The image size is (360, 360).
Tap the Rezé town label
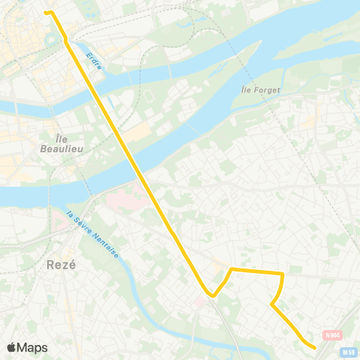(63, 265)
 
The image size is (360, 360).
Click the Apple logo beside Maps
(11, 347)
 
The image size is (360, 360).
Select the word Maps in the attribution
(33, 347)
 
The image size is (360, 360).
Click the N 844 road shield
(332, 334)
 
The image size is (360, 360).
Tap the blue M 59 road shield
(348, 352)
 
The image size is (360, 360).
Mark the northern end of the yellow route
(46, 12)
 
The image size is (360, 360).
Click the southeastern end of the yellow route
(313, 346)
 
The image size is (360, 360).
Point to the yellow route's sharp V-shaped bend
(213, 295)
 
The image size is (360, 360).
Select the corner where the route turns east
(231, 268)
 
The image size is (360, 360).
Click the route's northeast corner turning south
(282, 274)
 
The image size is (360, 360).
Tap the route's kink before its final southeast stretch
(272, 304)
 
